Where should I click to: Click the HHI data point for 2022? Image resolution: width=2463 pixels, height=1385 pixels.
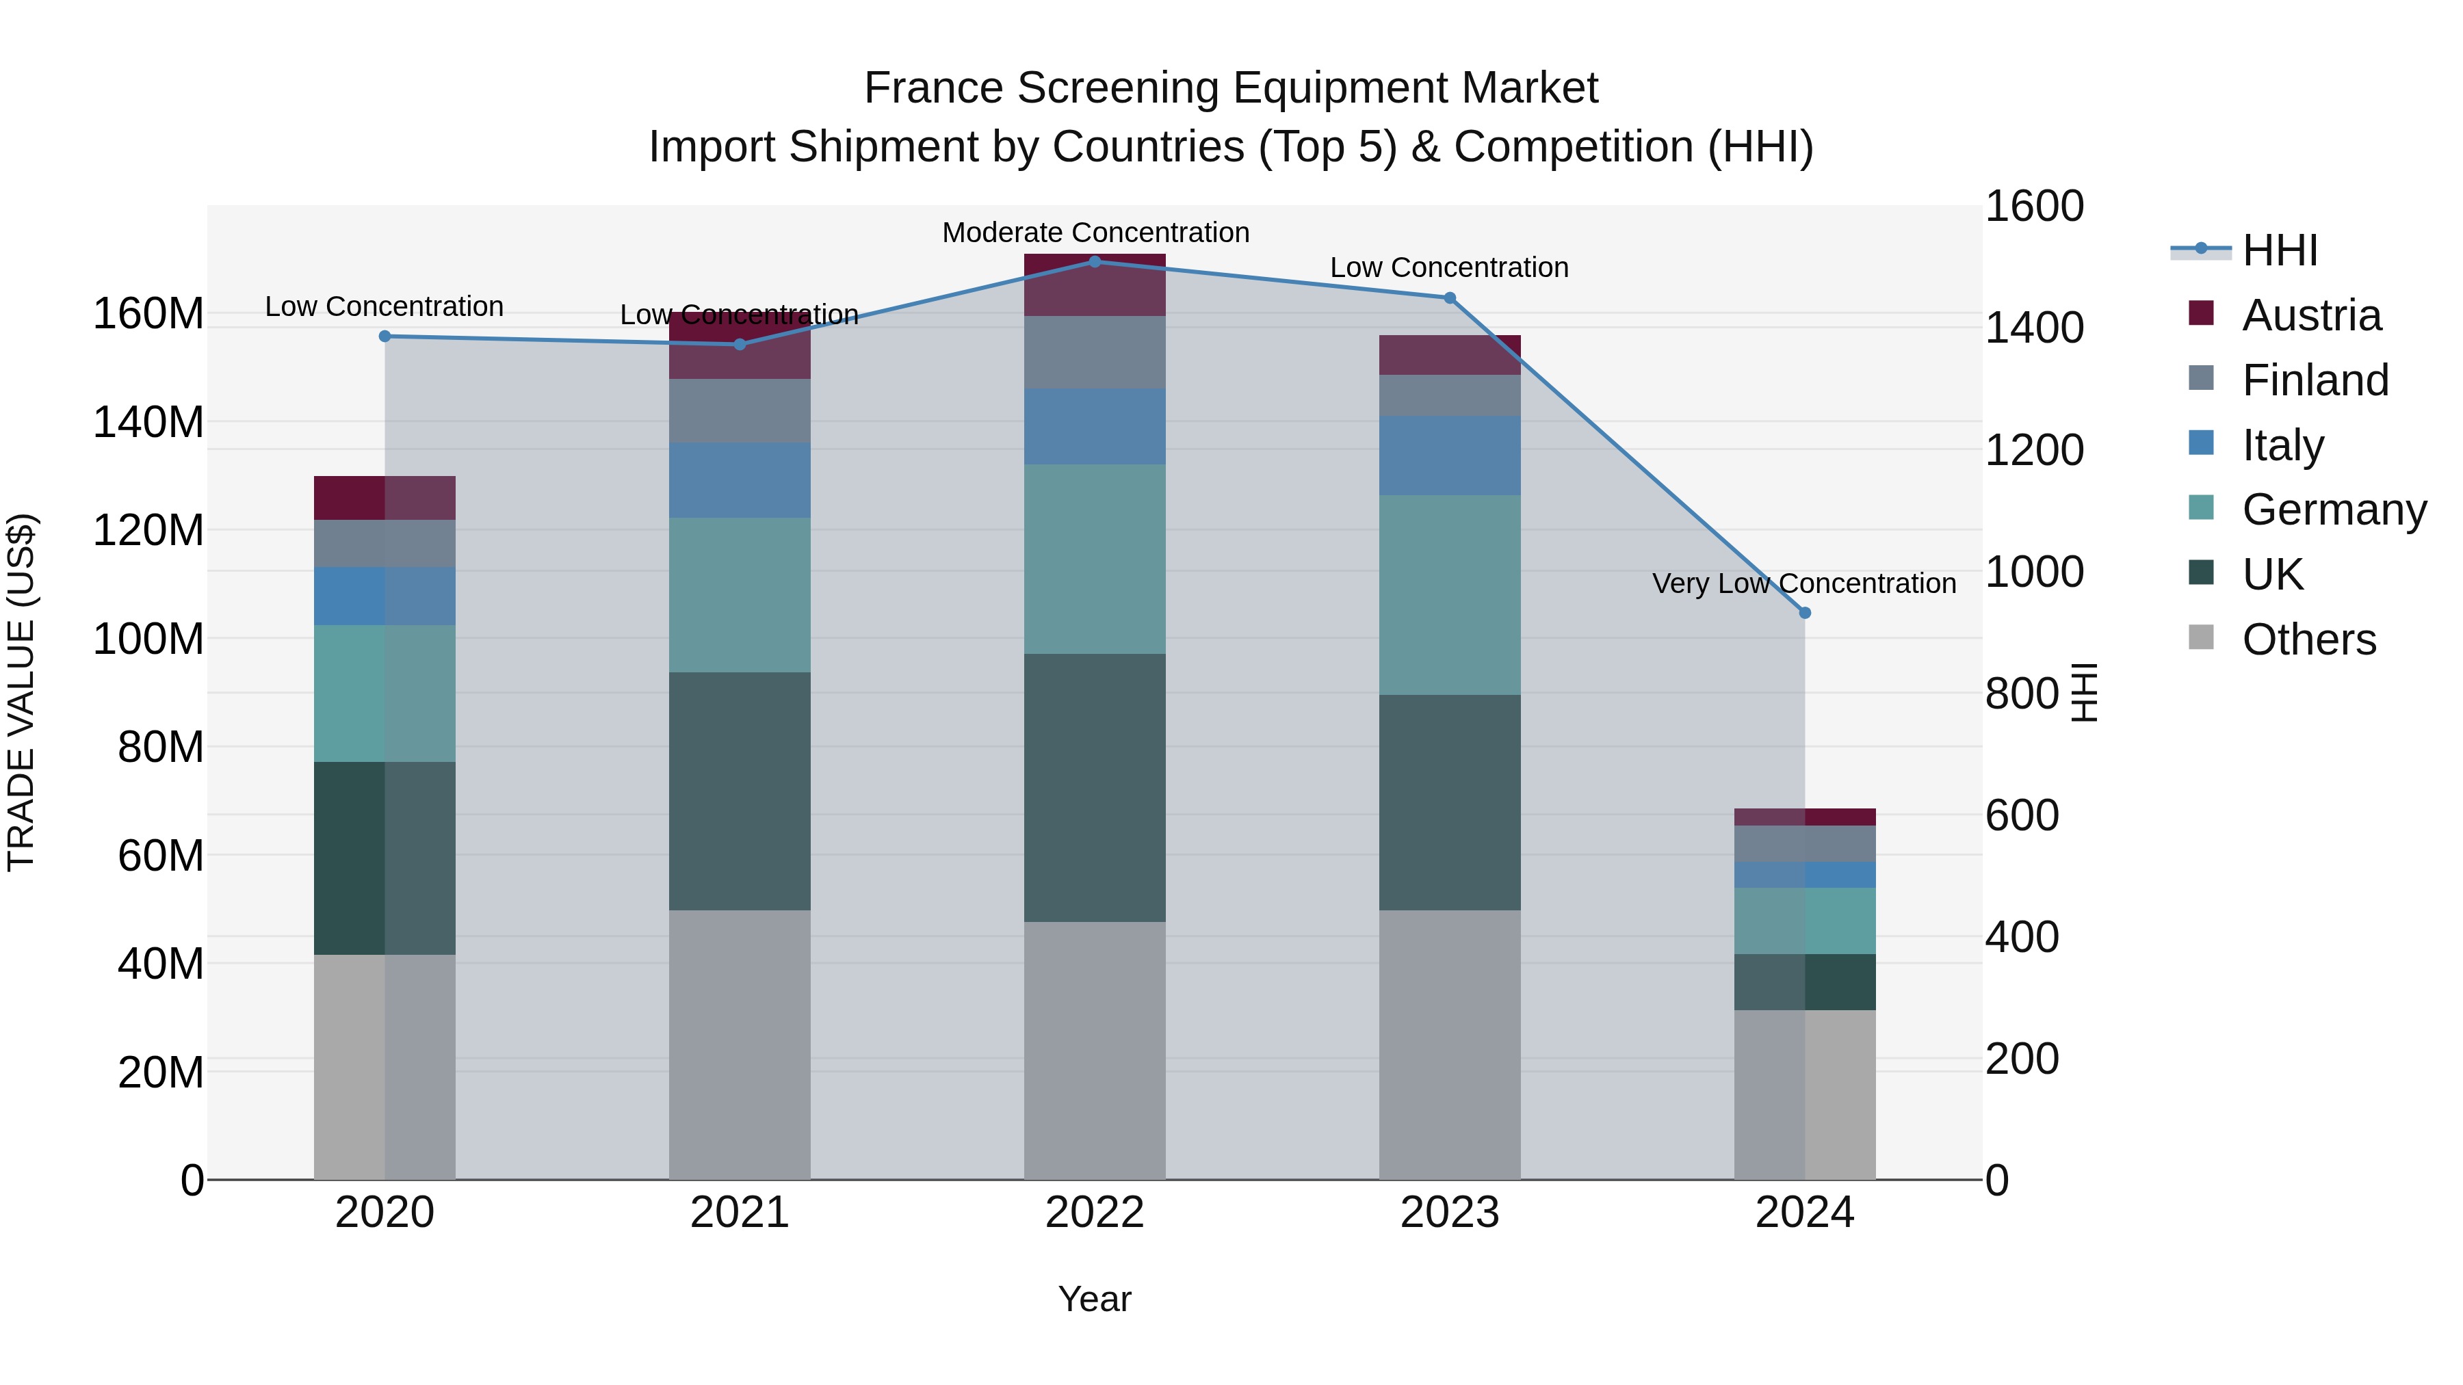1095,261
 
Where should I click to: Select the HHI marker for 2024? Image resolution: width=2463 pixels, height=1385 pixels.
1804,613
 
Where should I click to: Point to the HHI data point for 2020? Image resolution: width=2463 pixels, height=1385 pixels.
385,337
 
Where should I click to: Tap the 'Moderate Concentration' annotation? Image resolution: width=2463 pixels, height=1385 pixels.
1095,233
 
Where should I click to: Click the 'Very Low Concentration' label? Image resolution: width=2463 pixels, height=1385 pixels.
1803,583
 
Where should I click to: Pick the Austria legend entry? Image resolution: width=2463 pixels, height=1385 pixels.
2311,315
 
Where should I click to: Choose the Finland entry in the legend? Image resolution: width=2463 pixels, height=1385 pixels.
2315,380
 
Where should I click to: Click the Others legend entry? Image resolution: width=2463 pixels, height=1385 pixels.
2308,639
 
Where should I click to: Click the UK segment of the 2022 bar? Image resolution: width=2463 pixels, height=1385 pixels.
1095,788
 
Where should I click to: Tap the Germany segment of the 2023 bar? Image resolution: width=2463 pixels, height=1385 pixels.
1450,594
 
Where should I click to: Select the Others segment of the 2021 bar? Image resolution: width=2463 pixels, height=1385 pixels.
739,1044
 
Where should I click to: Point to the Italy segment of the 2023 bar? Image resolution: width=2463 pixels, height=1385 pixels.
1450,455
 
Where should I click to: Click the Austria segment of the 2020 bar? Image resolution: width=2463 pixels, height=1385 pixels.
385,498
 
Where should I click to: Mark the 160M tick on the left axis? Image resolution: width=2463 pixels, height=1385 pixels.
148,313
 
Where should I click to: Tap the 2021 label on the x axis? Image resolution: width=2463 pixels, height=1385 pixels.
739,1213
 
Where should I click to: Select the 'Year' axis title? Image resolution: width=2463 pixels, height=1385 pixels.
1095,1299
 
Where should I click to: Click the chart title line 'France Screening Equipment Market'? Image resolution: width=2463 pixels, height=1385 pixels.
1231,88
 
